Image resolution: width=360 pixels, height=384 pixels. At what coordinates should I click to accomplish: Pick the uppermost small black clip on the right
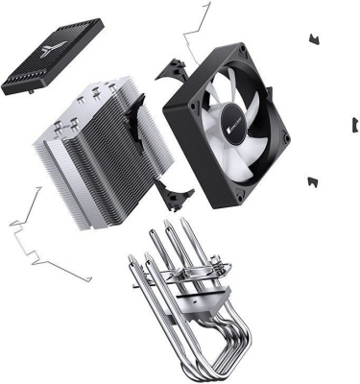[x=312, y=38]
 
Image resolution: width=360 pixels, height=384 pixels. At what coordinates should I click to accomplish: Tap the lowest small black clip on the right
[x=312, y=180]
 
